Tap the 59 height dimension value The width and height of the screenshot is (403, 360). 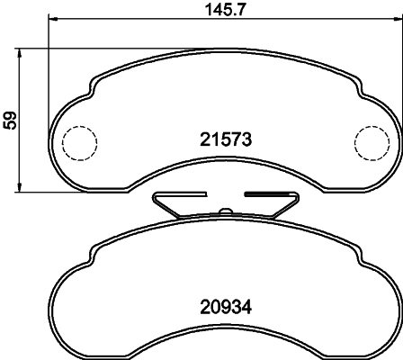pos(11,119)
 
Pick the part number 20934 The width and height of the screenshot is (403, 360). pos(223,305)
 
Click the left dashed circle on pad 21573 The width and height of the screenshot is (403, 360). pos(78,140)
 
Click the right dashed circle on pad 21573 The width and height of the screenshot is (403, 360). pos(371,141)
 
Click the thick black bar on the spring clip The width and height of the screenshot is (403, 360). pos(270,194)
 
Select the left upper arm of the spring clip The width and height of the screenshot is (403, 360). pos(180,194)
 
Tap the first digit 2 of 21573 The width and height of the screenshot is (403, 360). pos(203,139)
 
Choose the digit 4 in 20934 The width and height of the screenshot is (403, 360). pos(244,305)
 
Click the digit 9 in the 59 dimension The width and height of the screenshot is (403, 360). pos(11,113)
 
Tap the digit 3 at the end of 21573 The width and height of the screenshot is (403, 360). pos(244,139)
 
